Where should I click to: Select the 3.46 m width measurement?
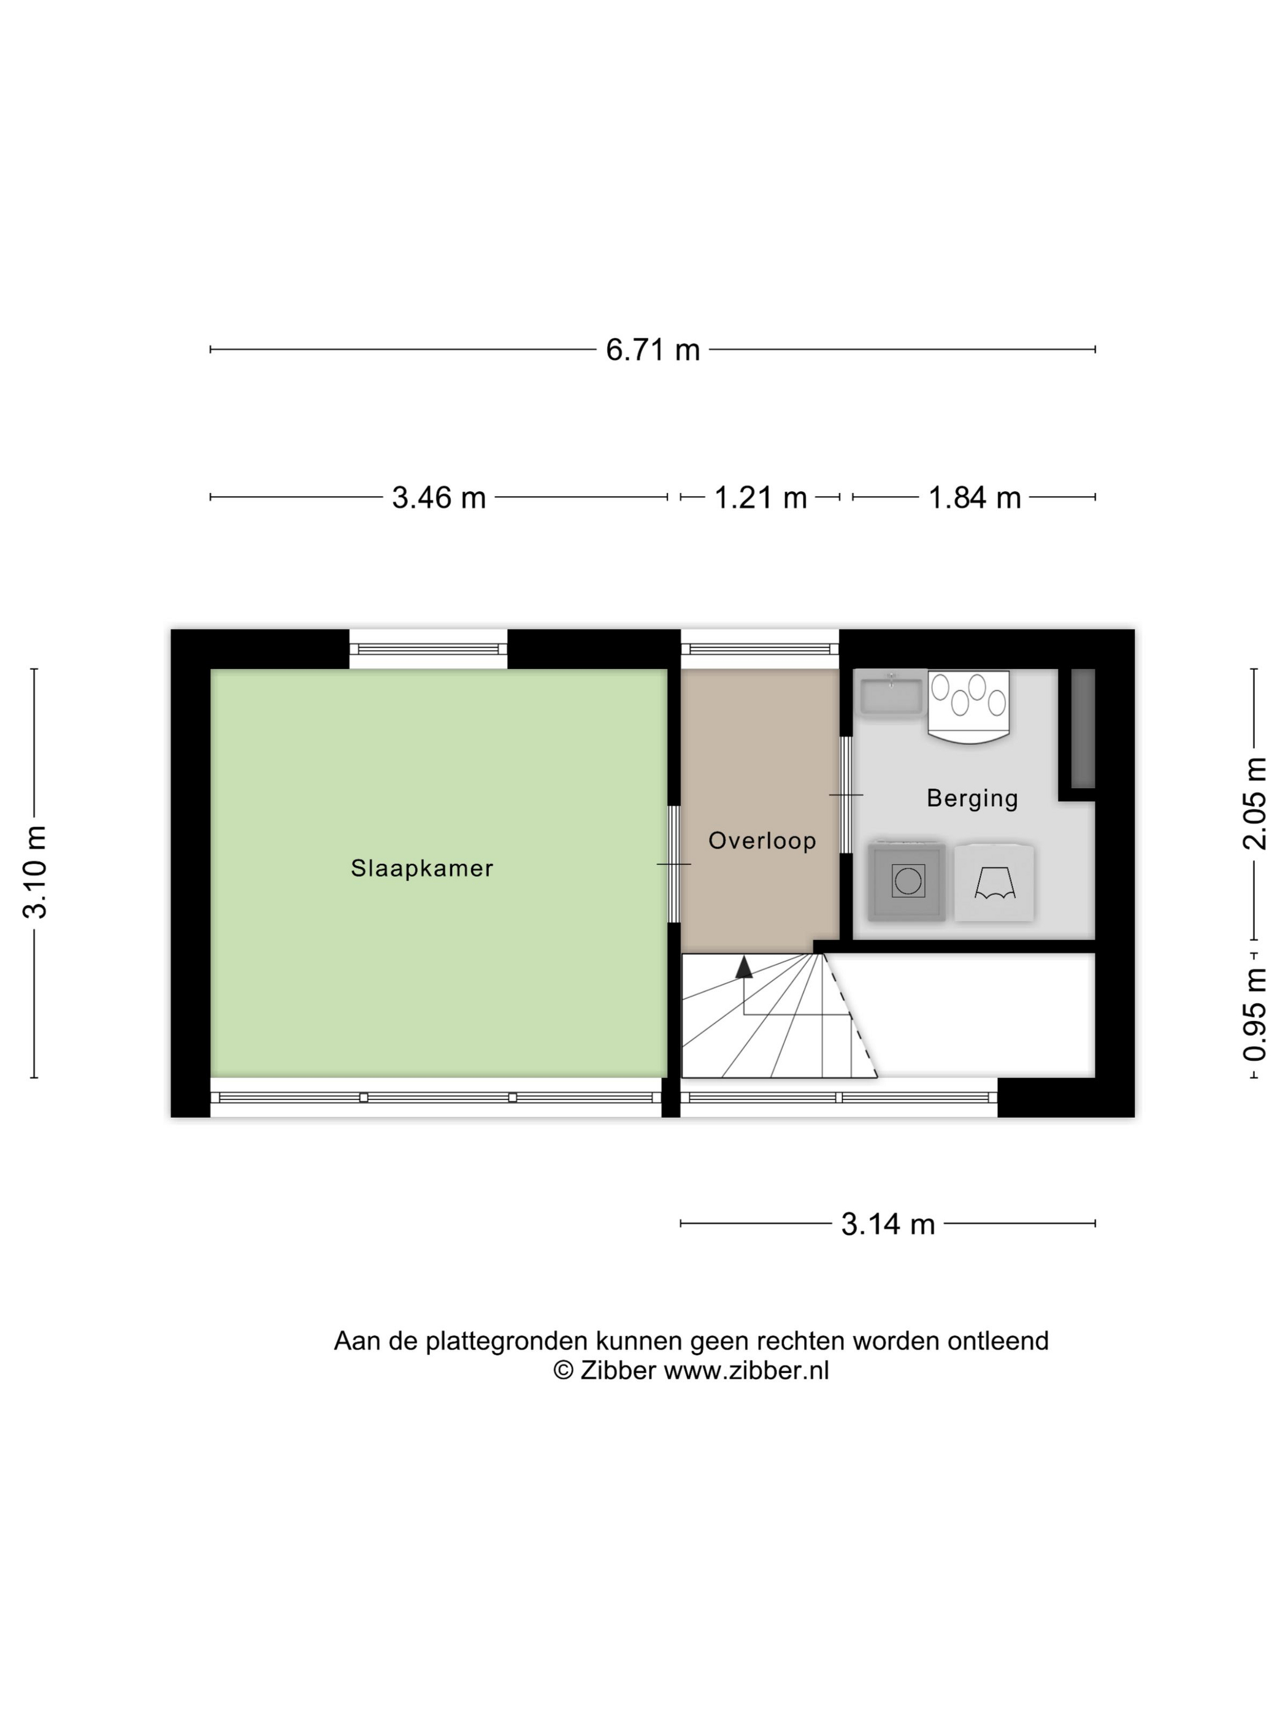pyautogui.click(x=439, y=497)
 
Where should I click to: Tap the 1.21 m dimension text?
pyautogui.click(x=760, y=497)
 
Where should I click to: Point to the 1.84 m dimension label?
pyautogui.click(x=975, y=497)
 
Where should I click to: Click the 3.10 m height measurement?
pyautogui.click(x=35, y=873)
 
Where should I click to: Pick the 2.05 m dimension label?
pyautogui.click(x=1255, y=803)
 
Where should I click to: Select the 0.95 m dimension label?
pyautogui.click(x=1255, y=1014)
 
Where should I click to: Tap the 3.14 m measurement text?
pyautogui.click(x=887, y=1224)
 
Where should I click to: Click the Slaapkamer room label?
pyautogui.click(x=421, y=868)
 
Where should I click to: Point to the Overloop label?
pyautogui.click(x=762, y=841)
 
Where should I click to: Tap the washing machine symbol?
pyautogui.click(x=907, y=881)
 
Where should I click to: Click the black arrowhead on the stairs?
pyautogui.click(x=744, y=966)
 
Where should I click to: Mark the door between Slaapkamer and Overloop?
pyautogui.click(x=674, y=864)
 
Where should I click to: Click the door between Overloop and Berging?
pyautogui.click(x=846, y=795)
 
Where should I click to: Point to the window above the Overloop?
pyautogui.click(x=760, y=649)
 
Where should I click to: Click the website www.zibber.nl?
pyautogui.click(x=746, y=1370)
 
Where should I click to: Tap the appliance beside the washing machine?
pyautogui.click(x=994, y=882)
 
